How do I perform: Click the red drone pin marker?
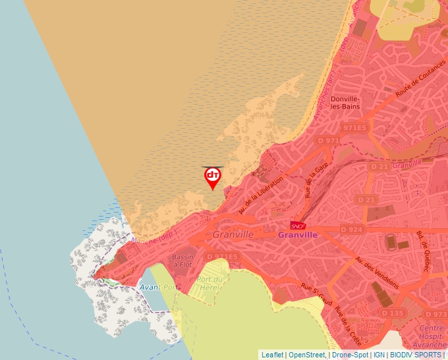tap(212, 176)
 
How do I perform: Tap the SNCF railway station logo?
tap(298, 225)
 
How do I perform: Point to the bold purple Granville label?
tap(298, 235)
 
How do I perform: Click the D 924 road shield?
tap(352, 229)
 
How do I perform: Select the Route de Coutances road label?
tap(416, 84)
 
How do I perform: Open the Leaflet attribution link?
tap(272, 355)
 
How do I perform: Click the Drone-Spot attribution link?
tap(350, 355)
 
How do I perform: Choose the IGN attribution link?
tap(379, 355)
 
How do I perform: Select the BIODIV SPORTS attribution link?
tap(415, 355)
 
